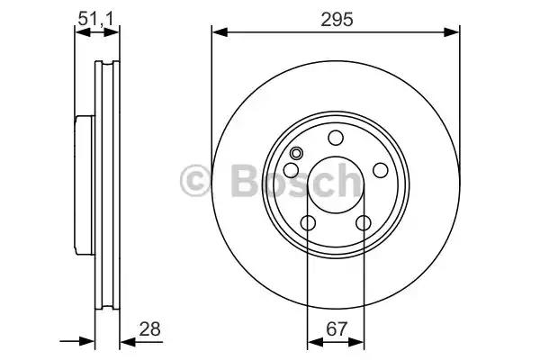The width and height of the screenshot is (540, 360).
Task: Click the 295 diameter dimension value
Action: (x=337, y=19)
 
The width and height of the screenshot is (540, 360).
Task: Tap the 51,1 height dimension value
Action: (x=95, y=18)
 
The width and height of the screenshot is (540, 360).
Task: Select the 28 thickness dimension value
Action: (x=149, y=329)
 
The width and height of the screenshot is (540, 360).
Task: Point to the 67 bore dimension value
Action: (x=336, y=329)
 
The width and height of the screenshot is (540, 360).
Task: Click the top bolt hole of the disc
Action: (x=336, y=138)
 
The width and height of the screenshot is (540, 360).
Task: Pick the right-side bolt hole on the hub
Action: (x=381, y=170)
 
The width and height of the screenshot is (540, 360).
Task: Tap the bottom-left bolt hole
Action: (x=308, y=223)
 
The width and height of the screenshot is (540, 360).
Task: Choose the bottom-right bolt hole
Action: (x=364, y=223)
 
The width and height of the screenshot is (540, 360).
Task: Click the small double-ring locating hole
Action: (x=296, y=153)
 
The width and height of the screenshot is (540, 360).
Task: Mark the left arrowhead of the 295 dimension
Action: (x=220, y=32)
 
